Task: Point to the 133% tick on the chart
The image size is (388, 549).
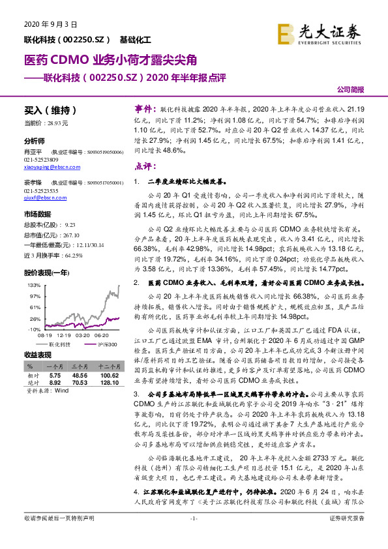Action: (35, 285)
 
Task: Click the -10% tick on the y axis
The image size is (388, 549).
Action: (35, 330)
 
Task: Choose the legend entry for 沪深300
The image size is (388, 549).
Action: (108, 344)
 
